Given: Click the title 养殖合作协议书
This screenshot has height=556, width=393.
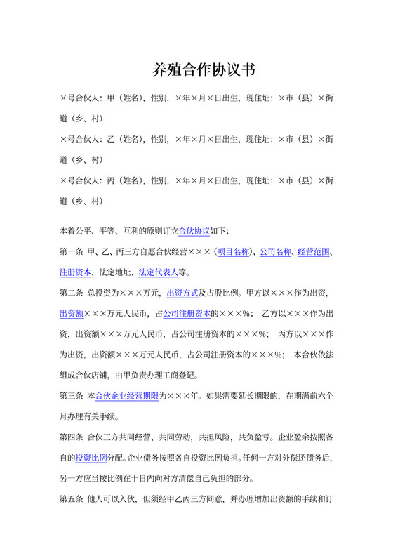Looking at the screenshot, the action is point(204,70).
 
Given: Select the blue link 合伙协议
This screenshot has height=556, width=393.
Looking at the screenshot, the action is point(194,230).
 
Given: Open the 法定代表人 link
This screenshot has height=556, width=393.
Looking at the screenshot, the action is point(158,272).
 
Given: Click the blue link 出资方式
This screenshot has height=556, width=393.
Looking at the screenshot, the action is point(182,293).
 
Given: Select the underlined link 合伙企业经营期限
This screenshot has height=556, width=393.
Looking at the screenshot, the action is point(127,396).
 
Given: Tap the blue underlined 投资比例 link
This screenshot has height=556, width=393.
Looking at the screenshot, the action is point(91,458).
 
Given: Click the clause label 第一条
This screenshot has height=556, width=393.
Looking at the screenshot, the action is point(71,251).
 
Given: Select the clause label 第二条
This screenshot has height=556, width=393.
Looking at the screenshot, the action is point(71,293).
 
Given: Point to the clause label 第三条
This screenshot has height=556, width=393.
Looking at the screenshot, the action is point(71,396).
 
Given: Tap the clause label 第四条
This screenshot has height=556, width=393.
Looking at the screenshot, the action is point(71,437).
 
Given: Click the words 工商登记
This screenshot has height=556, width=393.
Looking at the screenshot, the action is point(187,375).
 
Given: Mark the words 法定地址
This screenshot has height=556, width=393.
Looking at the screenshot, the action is point(115,272).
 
